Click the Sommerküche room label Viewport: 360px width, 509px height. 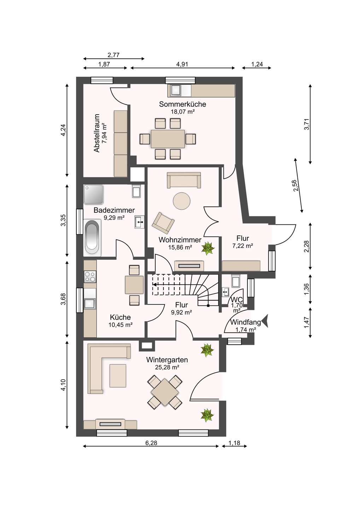point(182,104)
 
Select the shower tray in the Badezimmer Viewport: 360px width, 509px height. point(94,194)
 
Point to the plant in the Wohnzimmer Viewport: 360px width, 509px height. point(208,248)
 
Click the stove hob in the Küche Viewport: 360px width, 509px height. point(90,276)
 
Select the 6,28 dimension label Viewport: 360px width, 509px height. point(151,443)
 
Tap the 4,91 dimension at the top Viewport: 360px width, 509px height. point(182,64)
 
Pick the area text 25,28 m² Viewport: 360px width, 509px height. point(167,367)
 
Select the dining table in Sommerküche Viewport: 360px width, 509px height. point(168,139)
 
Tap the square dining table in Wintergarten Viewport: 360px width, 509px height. point(165,392)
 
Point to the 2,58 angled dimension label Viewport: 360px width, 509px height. point(295,186)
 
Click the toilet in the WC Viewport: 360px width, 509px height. point(236,281)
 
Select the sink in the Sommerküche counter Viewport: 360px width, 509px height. point(176,91)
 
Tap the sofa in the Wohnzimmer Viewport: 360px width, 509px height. point(184,180)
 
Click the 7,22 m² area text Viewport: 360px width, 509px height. point(243,246)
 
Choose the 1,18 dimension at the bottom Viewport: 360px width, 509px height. point(234,443)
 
